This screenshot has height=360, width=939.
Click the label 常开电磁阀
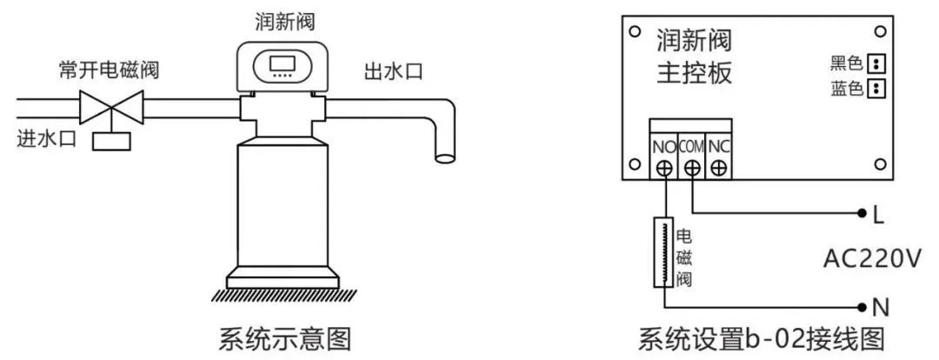[110, 70]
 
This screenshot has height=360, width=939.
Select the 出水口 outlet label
[393, 70]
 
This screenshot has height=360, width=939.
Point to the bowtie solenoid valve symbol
[110, 109]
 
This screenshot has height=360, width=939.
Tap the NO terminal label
[663, 145]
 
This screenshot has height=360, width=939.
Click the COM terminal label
[691, 145]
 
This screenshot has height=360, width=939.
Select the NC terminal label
[718, 145]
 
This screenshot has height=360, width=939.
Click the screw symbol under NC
[718, 167]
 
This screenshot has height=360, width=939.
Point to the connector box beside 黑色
[876, 63]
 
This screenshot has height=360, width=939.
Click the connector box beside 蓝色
[876, 88]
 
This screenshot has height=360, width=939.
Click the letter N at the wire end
[879, 306]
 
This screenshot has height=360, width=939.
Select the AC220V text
[871, 259]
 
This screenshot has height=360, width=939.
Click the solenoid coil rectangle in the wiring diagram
[663, 252]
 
